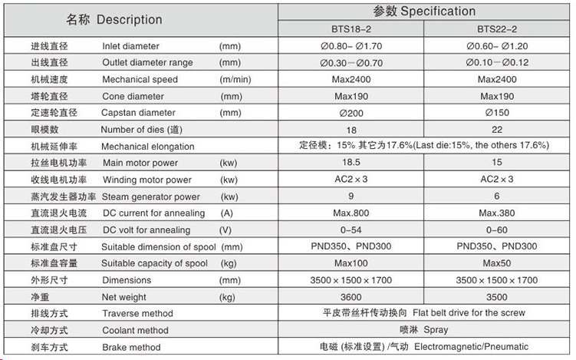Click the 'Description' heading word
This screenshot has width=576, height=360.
click(x=130, y=20)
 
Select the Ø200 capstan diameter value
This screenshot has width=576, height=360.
click(x=348, y=112)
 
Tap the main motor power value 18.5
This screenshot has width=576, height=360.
click(x=348, y=163)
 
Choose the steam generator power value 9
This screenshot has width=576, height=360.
click(x=348, y=196)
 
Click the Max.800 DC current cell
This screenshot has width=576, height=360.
click(x=348, y=213)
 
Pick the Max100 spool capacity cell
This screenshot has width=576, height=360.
click(x=348, y=263)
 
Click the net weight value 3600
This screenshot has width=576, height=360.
click(x=348, y=296)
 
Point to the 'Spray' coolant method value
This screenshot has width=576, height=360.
click(x=436, y=330)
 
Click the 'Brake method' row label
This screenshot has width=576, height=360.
click(x=131, y=347)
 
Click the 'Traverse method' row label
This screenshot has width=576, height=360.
click(x=137, y=313)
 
